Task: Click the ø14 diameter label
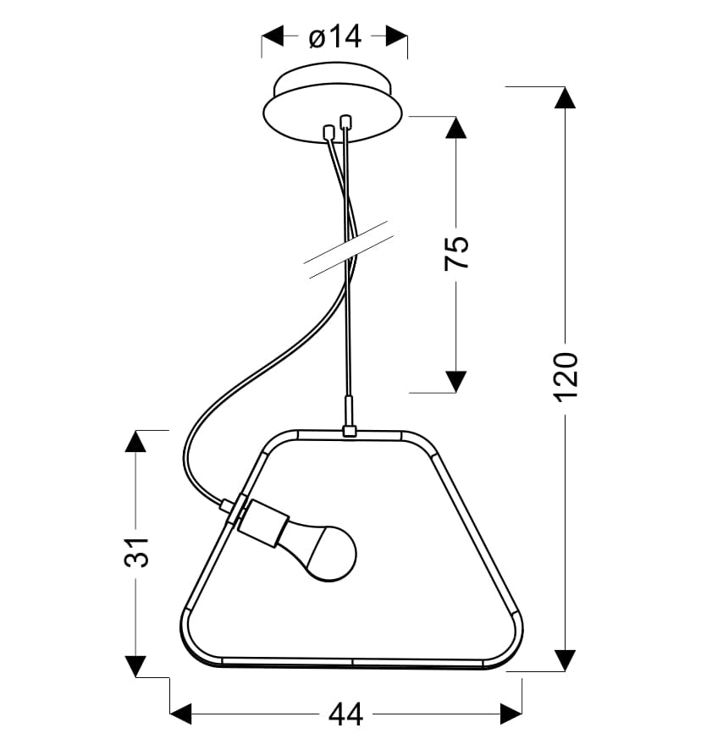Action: [334, 37]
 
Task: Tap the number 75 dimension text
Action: [456, 253]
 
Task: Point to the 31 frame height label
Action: [136, 553]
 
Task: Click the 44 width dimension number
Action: [346, 715]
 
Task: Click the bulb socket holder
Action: [262, 523]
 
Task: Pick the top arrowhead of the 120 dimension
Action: [565, 98]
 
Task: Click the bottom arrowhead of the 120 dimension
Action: [565, 660]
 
